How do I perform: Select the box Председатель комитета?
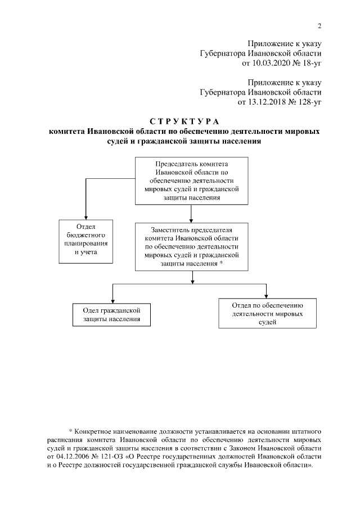tap(192, 181)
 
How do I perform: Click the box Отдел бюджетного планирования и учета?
tap(87, 240)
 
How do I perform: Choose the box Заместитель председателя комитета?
tap(192, 247)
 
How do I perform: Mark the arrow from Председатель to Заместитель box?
tap(192, 213)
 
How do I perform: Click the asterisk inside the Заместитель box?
tap(222, 263)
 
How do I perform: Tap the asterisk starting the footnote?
tap(70, 431)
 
